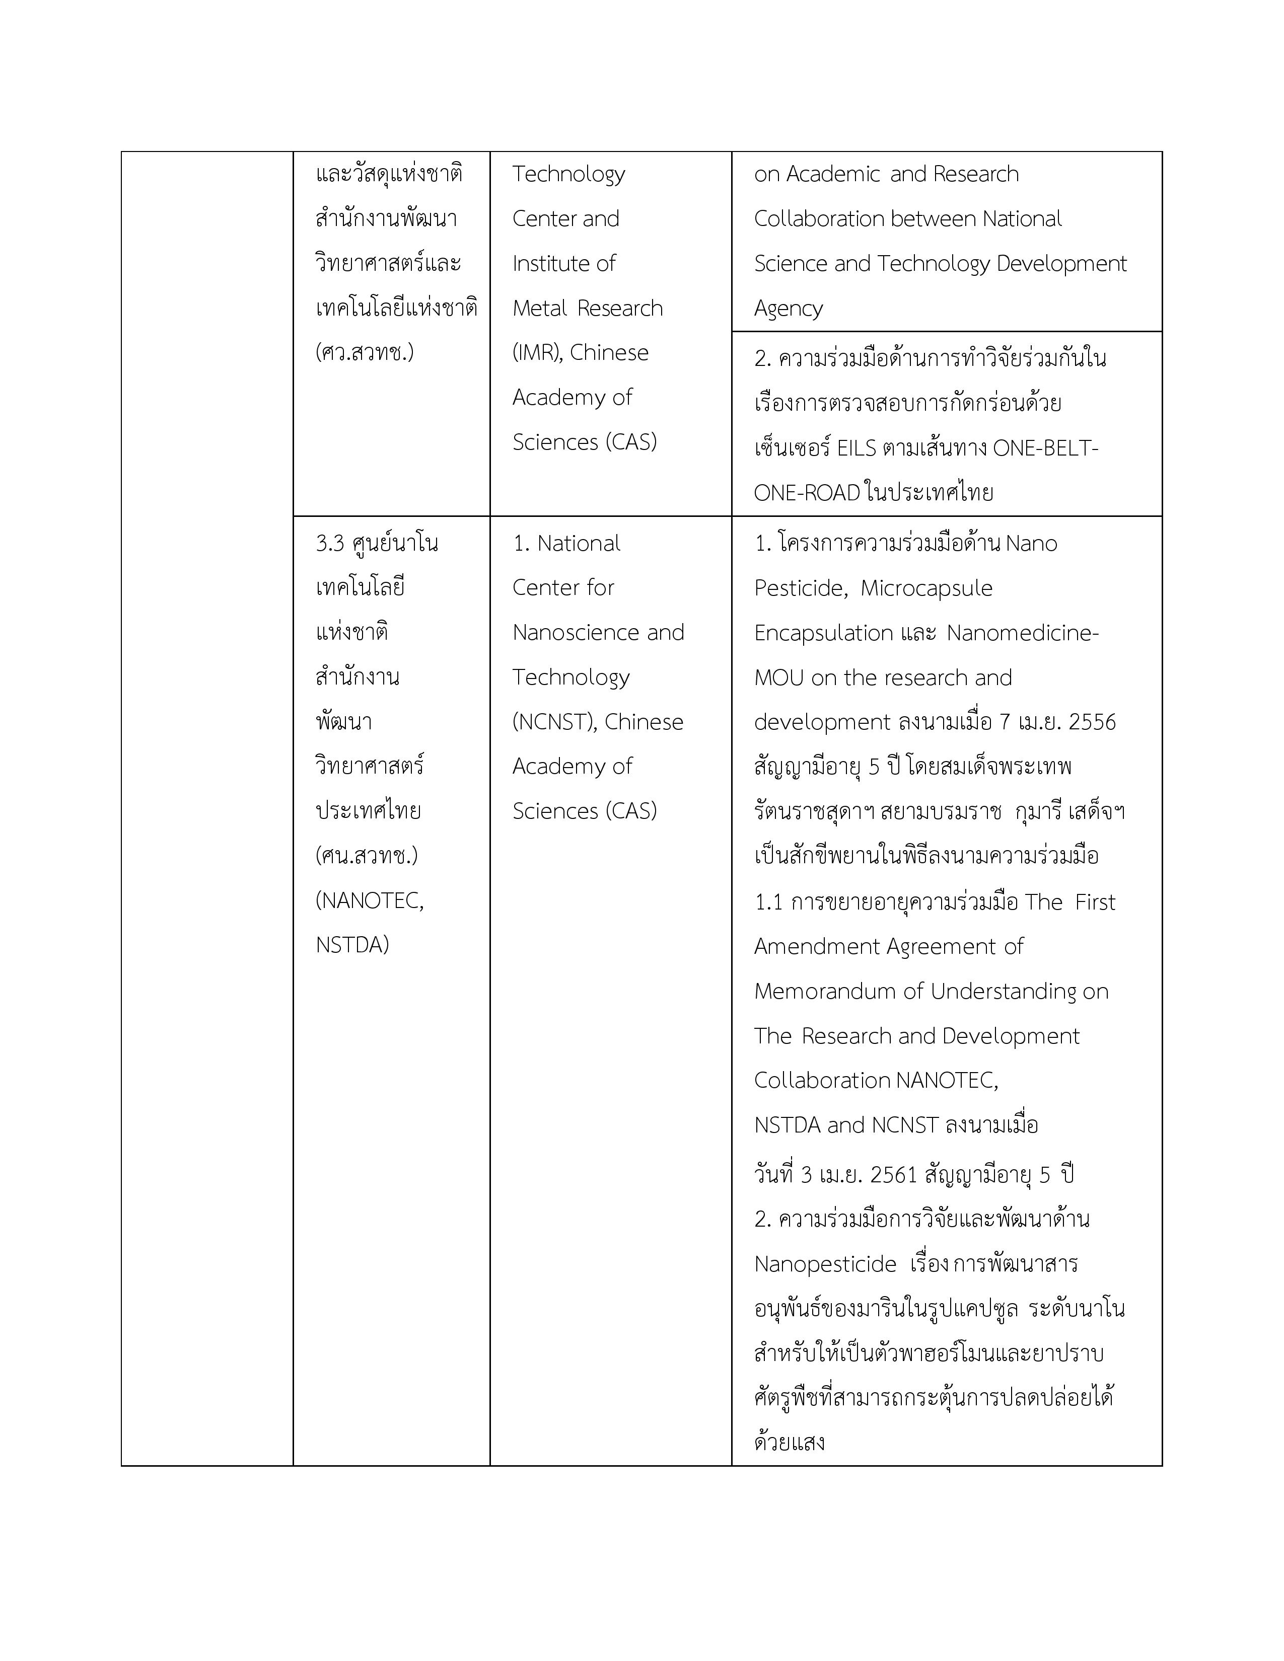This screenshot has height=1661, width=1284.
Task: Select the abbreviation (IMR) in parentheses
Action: (538, 353)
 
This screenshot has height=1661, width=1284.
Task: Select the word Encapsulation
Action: (812, 633)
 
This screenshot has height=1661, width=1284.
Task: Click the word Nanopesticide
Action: (825, 1264)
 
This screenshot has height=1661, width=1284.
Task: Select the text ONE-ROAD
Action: (806, 493)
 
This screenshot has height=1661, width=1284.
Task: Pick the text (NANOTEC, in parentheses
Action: (370, 900)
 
